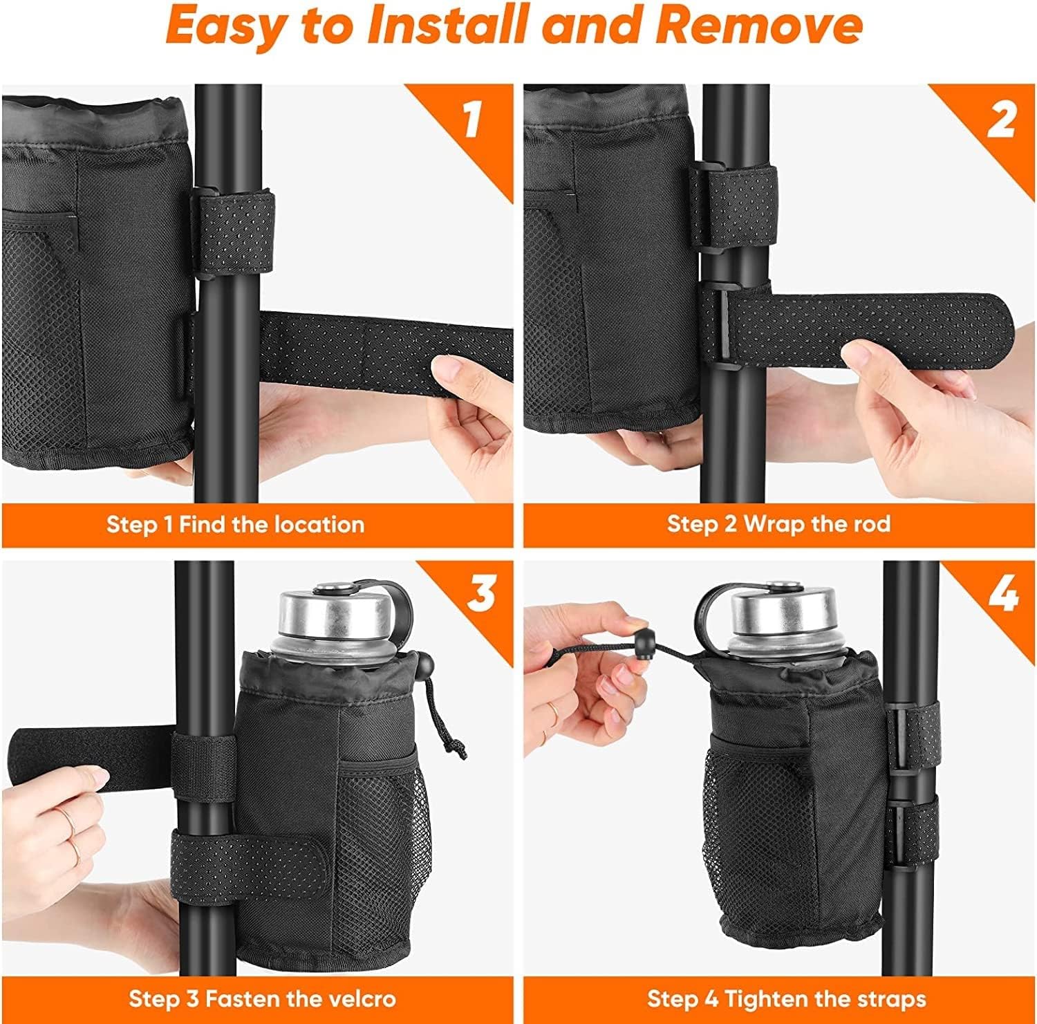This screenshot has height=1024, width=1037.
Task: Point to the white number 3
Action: [x=482, y=594]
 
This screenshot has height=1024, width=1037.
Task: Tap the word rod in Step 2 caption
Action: [x=872, y=524]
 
